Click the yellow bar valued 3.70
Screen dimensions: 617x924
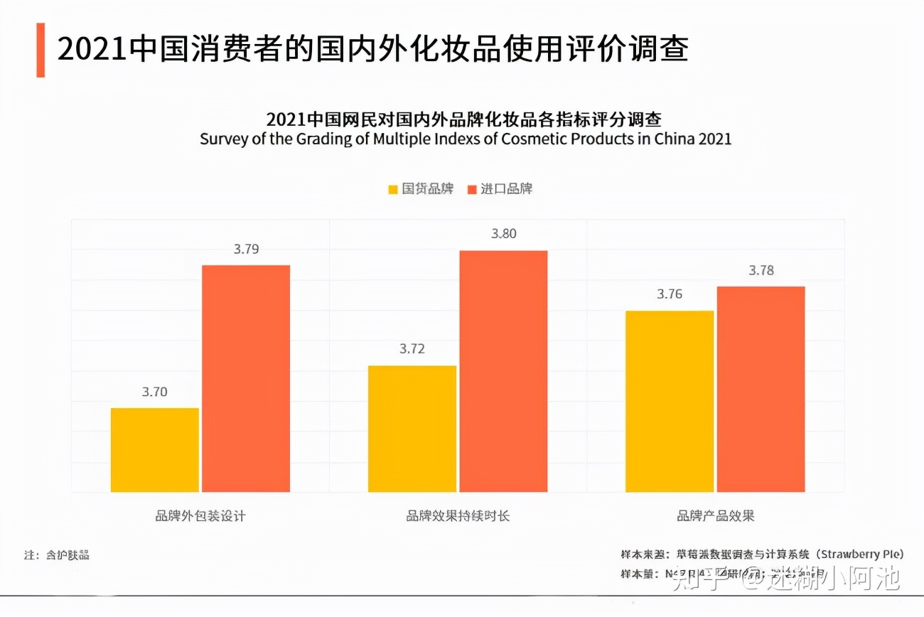(155, 450)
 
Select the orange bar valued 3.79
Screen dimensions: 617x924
(246, 378)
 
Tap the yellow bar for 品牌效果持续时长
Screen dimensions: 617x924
(412, 429)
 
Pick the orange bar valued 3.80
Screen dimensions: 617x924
(503, 371)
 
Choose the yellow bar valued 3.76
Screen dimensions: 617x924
(670, 401)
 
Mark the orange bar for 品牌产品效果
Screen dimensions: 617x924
(761, 389)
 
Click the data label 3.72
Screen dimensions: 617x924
(412, 349)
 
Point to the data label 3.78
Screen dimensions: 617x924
(761, 271)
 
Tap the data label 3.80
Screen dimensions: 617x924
(504, 234)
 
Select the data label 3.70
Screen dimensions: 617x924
(154, 392)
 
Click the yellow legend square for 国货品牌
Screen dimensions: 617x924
(393, 190)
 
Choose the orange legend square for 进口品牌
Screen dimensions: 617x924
(472, 190)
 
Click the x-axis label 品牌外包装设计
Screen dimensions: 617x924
(200, 516)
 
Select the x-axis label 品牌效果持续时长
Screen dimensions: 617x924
(458, 516)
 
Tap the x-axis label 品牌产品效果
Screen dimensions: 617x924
(715, 516)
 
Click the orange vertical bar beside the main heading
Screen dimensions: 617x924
(41, 50)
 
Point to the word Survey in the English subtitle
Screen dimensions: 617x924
(222, 139)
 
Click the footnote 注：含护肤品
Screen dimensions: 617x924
(57, 555)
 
